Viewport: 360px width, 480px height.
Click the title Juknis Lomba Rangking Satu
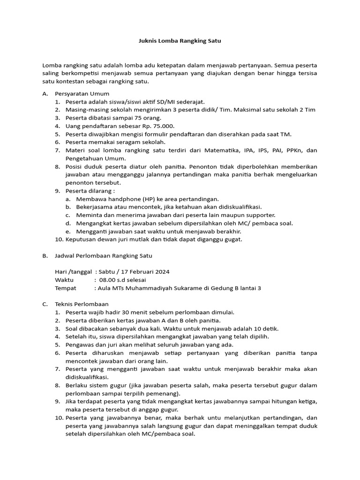tap(180, 41)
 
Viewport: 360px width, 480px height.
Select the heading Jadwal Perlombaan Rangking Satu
tap(104, 256)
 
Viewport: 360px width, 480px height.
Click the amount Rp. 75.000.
tap(157, 126)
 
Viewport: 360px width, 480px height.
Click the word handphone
tap(115, 199)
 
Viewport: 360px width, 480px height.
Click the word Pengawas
tap(80, 345)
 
